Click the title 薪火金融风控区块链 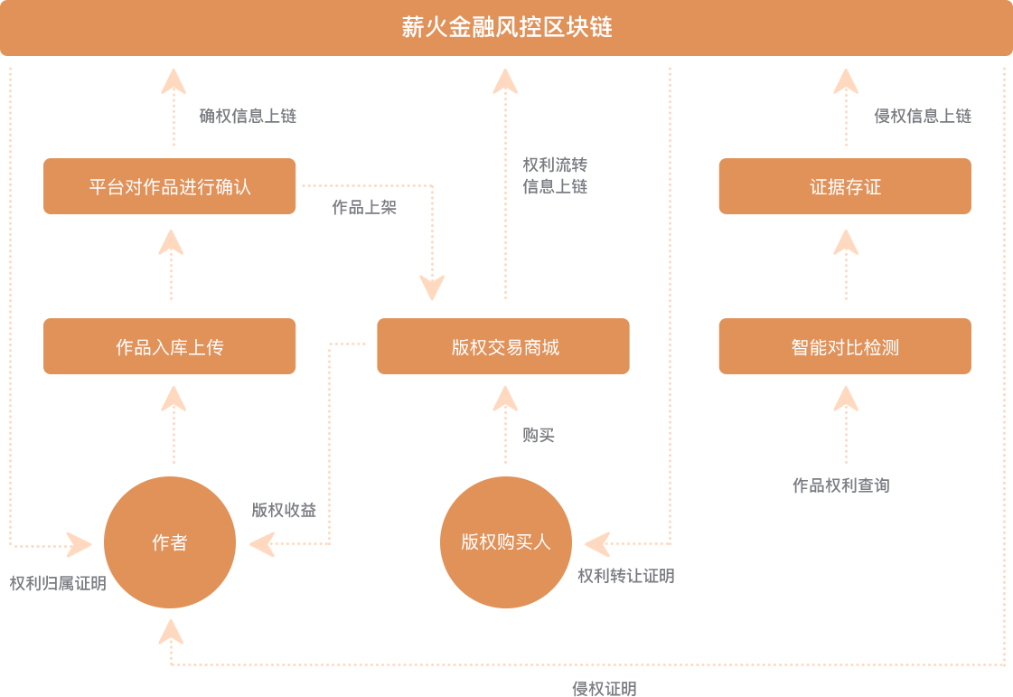[x=506, y=27]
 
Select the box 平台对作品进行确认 [x=170, y=187]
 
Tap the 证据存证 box [x=845, y=187]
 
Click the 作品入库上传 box [x=170, y=347]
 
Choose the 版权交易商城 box [x=503, y=347]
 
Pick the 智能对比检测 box [x=845, y=347]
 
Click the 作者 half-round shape [x=168, y=542]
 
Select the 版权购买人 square [x=505, y=542]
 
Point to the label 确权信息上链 [x=248, y=116]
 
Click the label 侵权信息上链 [x=923, y=116]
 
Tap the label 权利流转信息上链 [x=555, y=175]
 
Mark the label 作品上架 [x=364, y=207]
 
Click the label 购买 [x=538, y=435]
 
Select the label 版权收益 [x=284, y=510]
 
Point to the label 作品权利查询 [x=841, y=485]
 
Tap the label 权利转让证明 [x=626, y=576]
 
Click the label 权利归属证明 [x=58, y=583]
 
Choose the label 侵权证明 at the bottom [x=605, y=689]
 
